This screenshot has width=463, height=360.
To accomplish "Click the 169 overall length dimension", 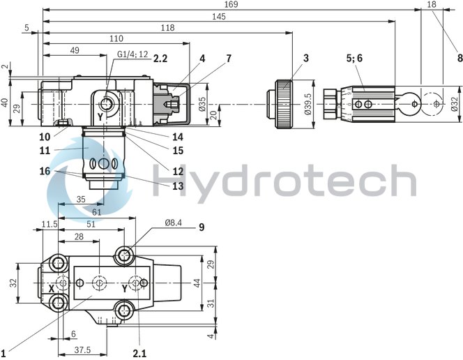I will coord(231,6).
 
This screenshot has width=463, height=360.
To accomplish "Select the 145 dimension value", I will coord(219,16).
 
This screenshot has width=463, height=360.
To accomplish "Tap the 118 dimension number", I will coord(167,27).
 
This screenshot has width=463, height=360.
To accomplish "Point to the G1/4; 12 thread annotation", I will coord(132,54).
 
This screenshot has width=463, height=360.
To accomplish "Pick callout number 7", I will coord(229,60).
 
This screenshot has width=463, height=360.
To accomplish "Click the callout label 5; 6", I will coord(355,59).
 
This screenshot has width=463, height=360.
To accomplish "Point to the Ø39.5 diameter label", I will coord(308,103).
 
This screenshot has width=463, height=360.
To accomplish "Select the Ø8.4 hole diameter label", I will coord(174,223).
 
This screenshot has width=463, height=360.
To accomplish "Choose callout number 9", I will coord(201,227).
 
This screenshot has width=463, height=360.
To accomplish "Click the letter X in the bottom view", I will coord(52,287).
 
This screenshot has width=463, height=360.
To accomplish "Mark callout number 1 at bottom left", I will coord(3,352).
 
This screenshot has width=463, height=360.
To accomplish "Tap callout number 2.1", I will coord(139,353).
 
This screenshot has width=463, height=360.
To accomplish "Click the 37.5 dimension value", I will coord(83,350).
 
